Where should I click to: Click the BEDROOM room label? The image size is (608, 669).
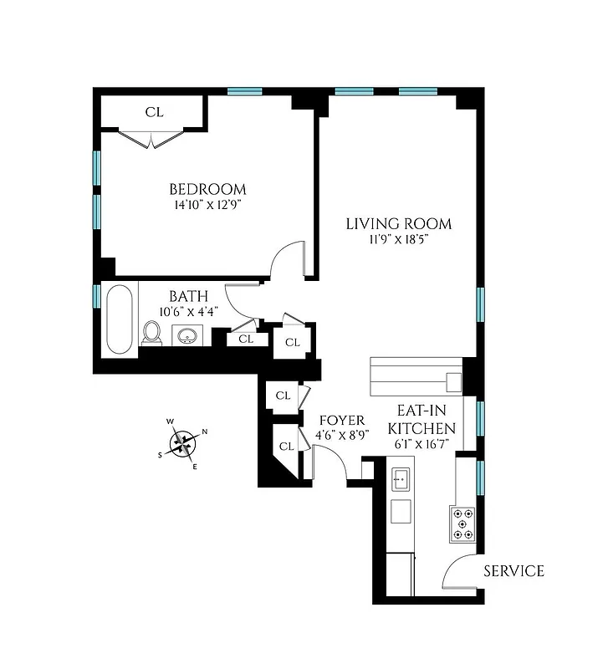click(x=207, y=189)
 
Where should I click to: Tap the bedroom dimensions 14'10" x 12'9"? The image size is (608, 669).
click(x=207, y=204)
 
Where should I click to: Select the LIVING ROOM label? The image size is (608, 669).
click(x=399, y=224)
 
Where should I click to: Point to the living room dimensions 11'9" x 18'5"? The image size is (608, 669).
click(x=399, y=239)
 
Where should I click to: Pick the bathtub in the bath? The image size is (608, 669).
click(x=118, y=320)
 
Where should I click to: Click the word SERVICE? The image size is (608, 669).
click(x=513, y=571)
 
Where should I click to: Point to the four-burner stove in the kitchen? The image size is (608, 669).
click(x=462, y=524)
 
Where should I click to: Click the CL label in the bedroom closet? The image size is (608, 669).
click(x=154, y=112)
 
